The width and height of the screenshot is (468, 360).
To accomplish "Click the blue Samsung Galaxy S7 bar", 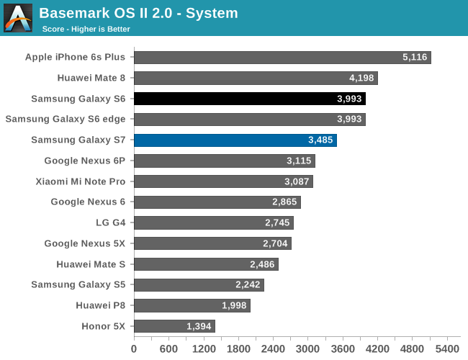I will (235, 140).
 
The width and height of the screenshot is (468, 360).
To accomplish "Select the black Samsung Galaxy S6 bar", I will (249, 99).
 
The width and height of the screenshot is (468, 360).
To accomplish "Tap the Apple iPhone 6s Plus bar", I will (282, 58).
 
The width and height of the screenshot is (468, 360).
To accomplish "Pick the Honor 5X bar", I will (174, 326).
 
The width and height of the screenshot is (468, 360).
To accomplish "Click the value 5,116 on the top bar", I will (415, 58).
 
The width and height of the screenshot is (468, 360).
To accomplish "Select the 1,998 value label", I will (233, 305).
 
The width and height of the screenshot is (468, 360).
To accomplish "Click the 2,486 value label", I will (262, 264).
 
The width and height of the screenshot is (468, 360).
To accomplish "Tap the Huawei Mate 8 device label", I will (91, 78).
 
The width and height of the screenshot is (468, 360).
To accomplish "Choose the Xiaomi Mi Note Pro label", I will (80, 181).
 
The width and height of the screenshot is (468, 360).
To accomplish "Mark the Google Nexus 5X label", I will (84, 243).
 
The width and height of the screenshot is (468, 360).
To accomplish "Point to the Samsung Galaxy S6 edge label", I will (65, 120).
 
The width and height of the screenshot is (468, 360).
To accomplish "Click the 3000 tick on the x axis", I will (307, 349).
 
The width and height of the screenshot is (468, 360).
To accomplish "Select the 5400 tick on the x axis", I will (447, 349).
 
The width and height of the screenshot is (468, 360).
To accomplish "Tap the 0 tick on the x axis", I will (134, 349).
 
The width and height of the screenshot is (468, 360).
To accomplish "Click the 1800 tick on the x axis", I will (238, 349).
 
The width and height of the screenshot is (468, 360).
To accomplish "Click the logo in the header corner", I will (18, 18).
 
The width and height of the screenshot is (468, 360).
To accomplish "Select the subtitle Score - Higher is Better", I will (86, 29).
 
